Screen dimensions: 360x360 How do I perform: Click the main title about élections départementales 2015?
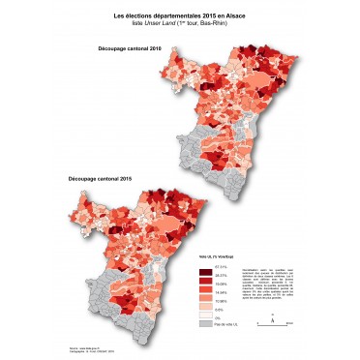[x=180, y=16]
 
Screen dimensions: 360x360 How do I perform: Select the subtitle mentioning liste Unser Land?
[x=180, y=24]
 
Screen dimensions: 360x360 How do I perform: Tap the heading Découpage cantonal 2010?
[x=123, y=47]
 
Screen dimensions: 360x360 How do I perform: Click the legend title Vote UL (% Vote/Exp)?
[x=216, y=256]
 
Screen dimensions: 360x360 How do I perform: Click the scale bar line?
[x=273, y=324]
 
